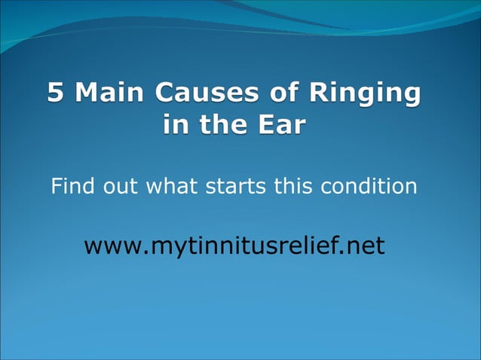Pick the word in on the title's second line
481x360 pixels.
pos(175,124)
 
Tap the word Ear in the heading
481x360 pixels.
pos(280,124)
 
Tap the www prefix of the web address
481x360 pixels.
pos(109,246)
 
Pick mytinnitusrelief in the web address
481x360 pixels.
pos(237,246)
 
